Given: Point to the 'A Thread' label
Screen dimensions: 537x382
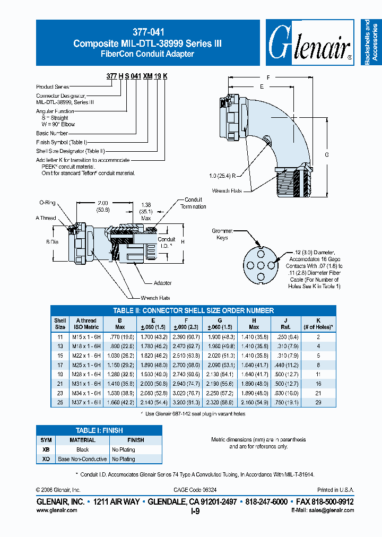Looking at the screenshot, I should tap(46, 218).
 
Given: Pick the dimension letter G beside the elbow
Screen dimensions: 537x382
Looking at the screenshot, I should tap(327, 154).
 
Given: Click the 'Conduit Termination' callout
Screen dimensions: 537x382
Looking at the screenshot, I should tap(193, 203).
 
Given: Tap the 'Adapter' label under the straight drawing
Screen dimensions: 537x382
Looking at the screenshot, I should tap(163, 283).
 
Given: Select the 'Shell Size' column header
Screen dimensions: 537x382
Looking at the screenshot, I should tap(60, 324).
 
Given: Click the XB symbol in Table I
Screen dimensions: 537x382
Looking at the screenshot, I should tap(46, 449).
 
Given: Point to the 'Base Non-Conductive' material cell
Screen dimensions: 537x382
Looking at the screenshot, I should tap(82, 459).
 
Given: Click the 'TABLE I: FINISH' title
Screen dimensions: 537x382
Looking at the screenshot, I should tap(99, 430).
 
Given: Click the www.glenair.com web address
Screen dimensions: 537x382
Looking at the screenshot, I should tap(57, 510).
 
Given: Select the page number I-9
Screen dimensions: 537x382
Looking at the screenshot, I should tap(195, 512).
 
